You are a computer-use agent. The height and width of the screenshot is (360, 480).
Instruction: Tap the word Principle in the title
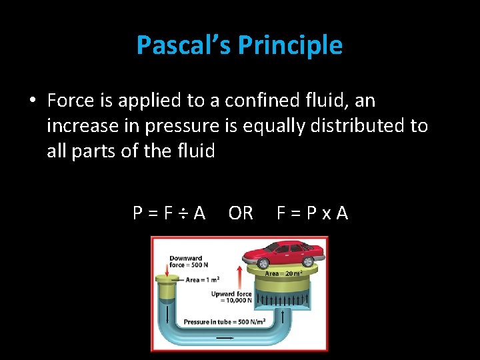pyautogui.click(x=290, y=45)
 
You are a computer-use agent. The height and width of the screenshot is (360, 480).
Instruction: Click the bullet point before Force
pyautogui.click(x=32, y=101)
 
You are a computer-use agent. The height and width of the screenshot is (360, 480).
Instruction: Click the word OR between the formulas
pyautogui.click(x=241, y=213)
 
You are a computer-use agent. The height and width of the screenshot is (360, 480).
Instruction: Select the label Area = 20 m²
pyautogui.click(x=285, y=273)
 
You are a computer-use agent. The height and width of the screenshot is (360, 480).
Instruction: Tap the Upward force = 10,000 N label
pyautogui.click(x=231, y=297)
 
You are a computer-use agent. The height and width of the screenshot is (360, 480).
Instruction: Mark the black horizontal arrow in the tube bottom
pyautogui.click(x=225, y=338)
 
